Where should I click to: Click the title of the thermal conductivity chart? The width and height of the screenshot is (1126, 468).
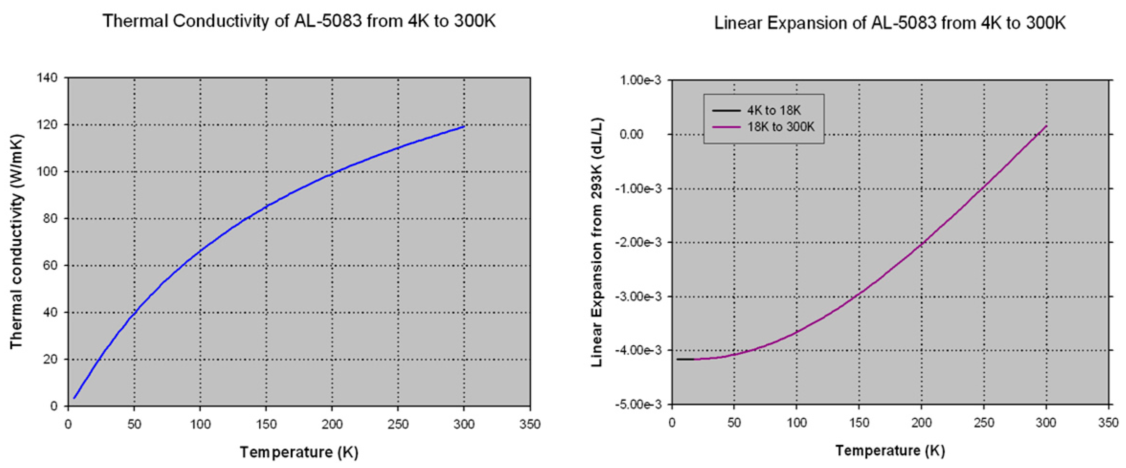point(299,21)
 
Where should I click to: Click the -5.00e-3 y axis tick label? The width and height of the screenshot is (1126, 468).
point(638,404)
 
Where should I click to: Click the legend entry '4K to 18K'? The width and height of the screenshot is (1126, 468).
point(774,111)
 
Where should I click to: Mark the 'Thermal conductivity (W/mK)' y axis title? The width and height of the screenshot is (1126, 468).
point(16,242)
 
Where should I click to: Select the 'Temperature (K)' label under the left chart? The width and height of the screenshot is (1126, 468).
point(299,452)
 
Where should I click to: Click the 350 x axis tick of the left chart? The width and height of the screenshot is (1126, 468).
point(530,424)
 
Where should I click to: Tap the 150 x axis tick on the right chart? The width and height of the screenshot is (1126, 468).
point(859,423)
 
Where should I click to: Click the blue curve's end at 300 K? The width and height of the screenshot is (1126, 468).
point(464,127)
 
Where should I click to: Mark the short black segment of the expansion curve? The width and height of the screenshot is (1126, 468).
point(685,359)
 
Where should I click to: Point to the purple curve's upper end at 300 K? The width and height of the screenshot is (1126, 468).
point(1046,126)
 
